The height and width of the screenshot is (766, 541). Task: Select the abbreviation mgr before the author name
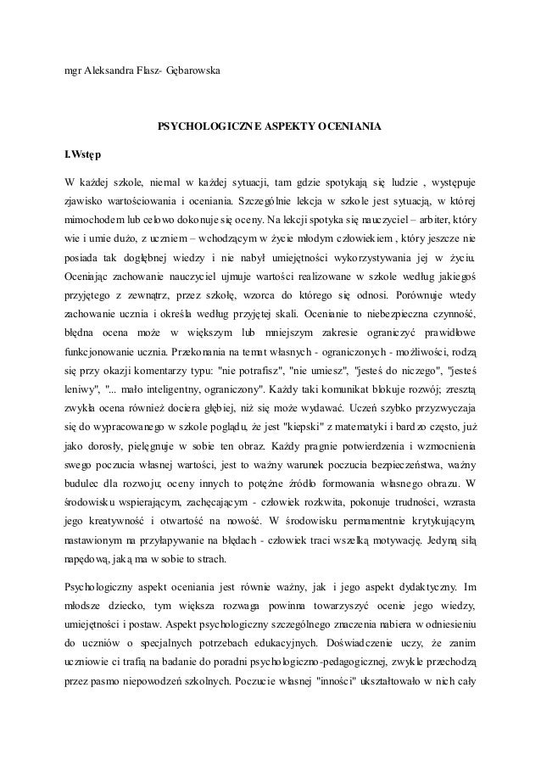(x=74, y=69)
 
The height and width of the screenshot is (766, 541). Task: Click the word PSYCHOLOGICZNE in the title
(x=204, y=127)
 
